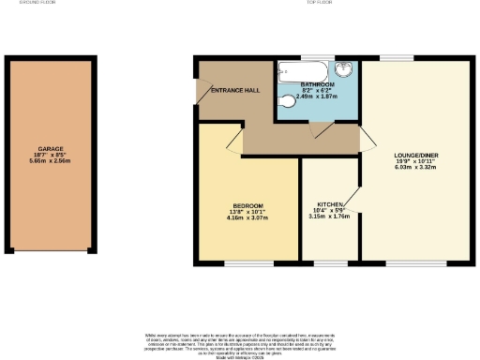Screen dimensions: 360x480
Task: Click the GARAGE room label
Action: click(51, 148)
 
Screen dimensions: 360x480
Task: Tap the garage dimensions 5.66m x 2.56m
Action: click(51, 160)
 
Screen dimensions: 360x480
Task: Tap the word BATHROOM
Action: click(316, 84)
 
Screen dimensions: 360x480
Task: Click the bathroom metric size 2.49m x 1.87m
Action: click(316, 97)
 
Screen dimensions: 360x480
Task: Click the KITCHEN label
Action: click(328, 203)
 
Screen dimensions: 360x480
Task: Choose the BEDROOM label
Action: click(247, 205)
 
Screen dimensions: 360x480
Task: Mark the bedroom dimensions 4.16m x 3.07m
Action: click(247, 218)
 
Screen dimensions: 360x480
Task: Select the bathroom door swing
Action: click(321, 131)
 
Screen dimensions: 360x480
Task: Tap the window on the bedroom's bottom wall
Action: click(248, 262)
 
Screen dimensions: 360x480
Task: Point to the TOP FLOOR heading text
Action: click(319, 4)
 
